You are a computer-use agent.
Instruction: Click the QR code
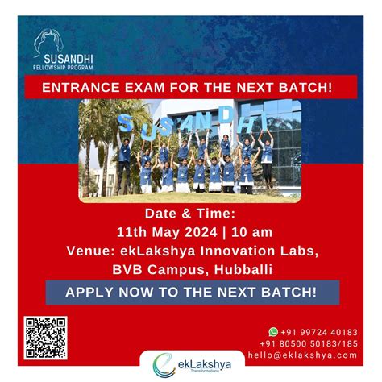pyautogui.click(x=45, y=338)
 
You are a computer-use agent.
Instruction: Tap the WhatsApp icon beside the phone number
pyautogui.click(x=273, y=330)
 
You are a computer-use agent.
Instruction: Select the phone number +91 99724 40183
pyautogui.click(x=318, y=330)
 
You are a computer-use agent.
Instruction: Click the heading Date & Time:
pyautogui.click(x=190, y=214)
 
